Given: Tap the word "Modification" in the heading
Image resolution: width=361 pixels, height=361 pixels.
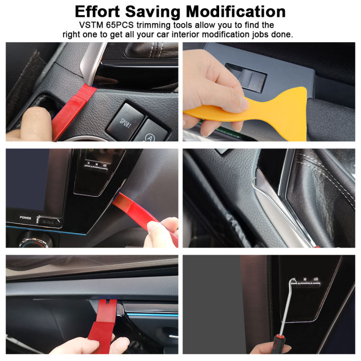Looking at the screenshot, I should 236,12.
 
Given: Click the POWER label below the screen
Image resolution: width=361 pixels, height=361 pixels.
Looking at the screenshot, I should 25,218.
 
